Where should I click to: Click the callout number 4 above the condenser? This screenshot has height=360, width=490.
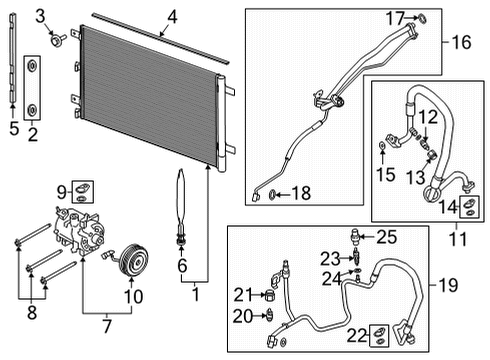pyautogui.click(x=172, y=16)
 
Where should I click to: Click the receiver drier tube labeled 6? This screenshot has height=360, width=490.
pyautogui.click(x=181, y=205)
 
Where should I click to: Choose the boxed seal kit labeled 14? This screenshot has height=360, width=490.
pyautogui.click(x=467, y=208)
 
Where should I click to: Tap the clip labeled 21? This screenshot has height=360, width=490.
pyautogui.click(x=269, y=296)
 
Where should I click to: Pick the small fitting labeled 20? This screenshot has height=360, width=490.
pyautogui.click(x=270, y=316)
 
